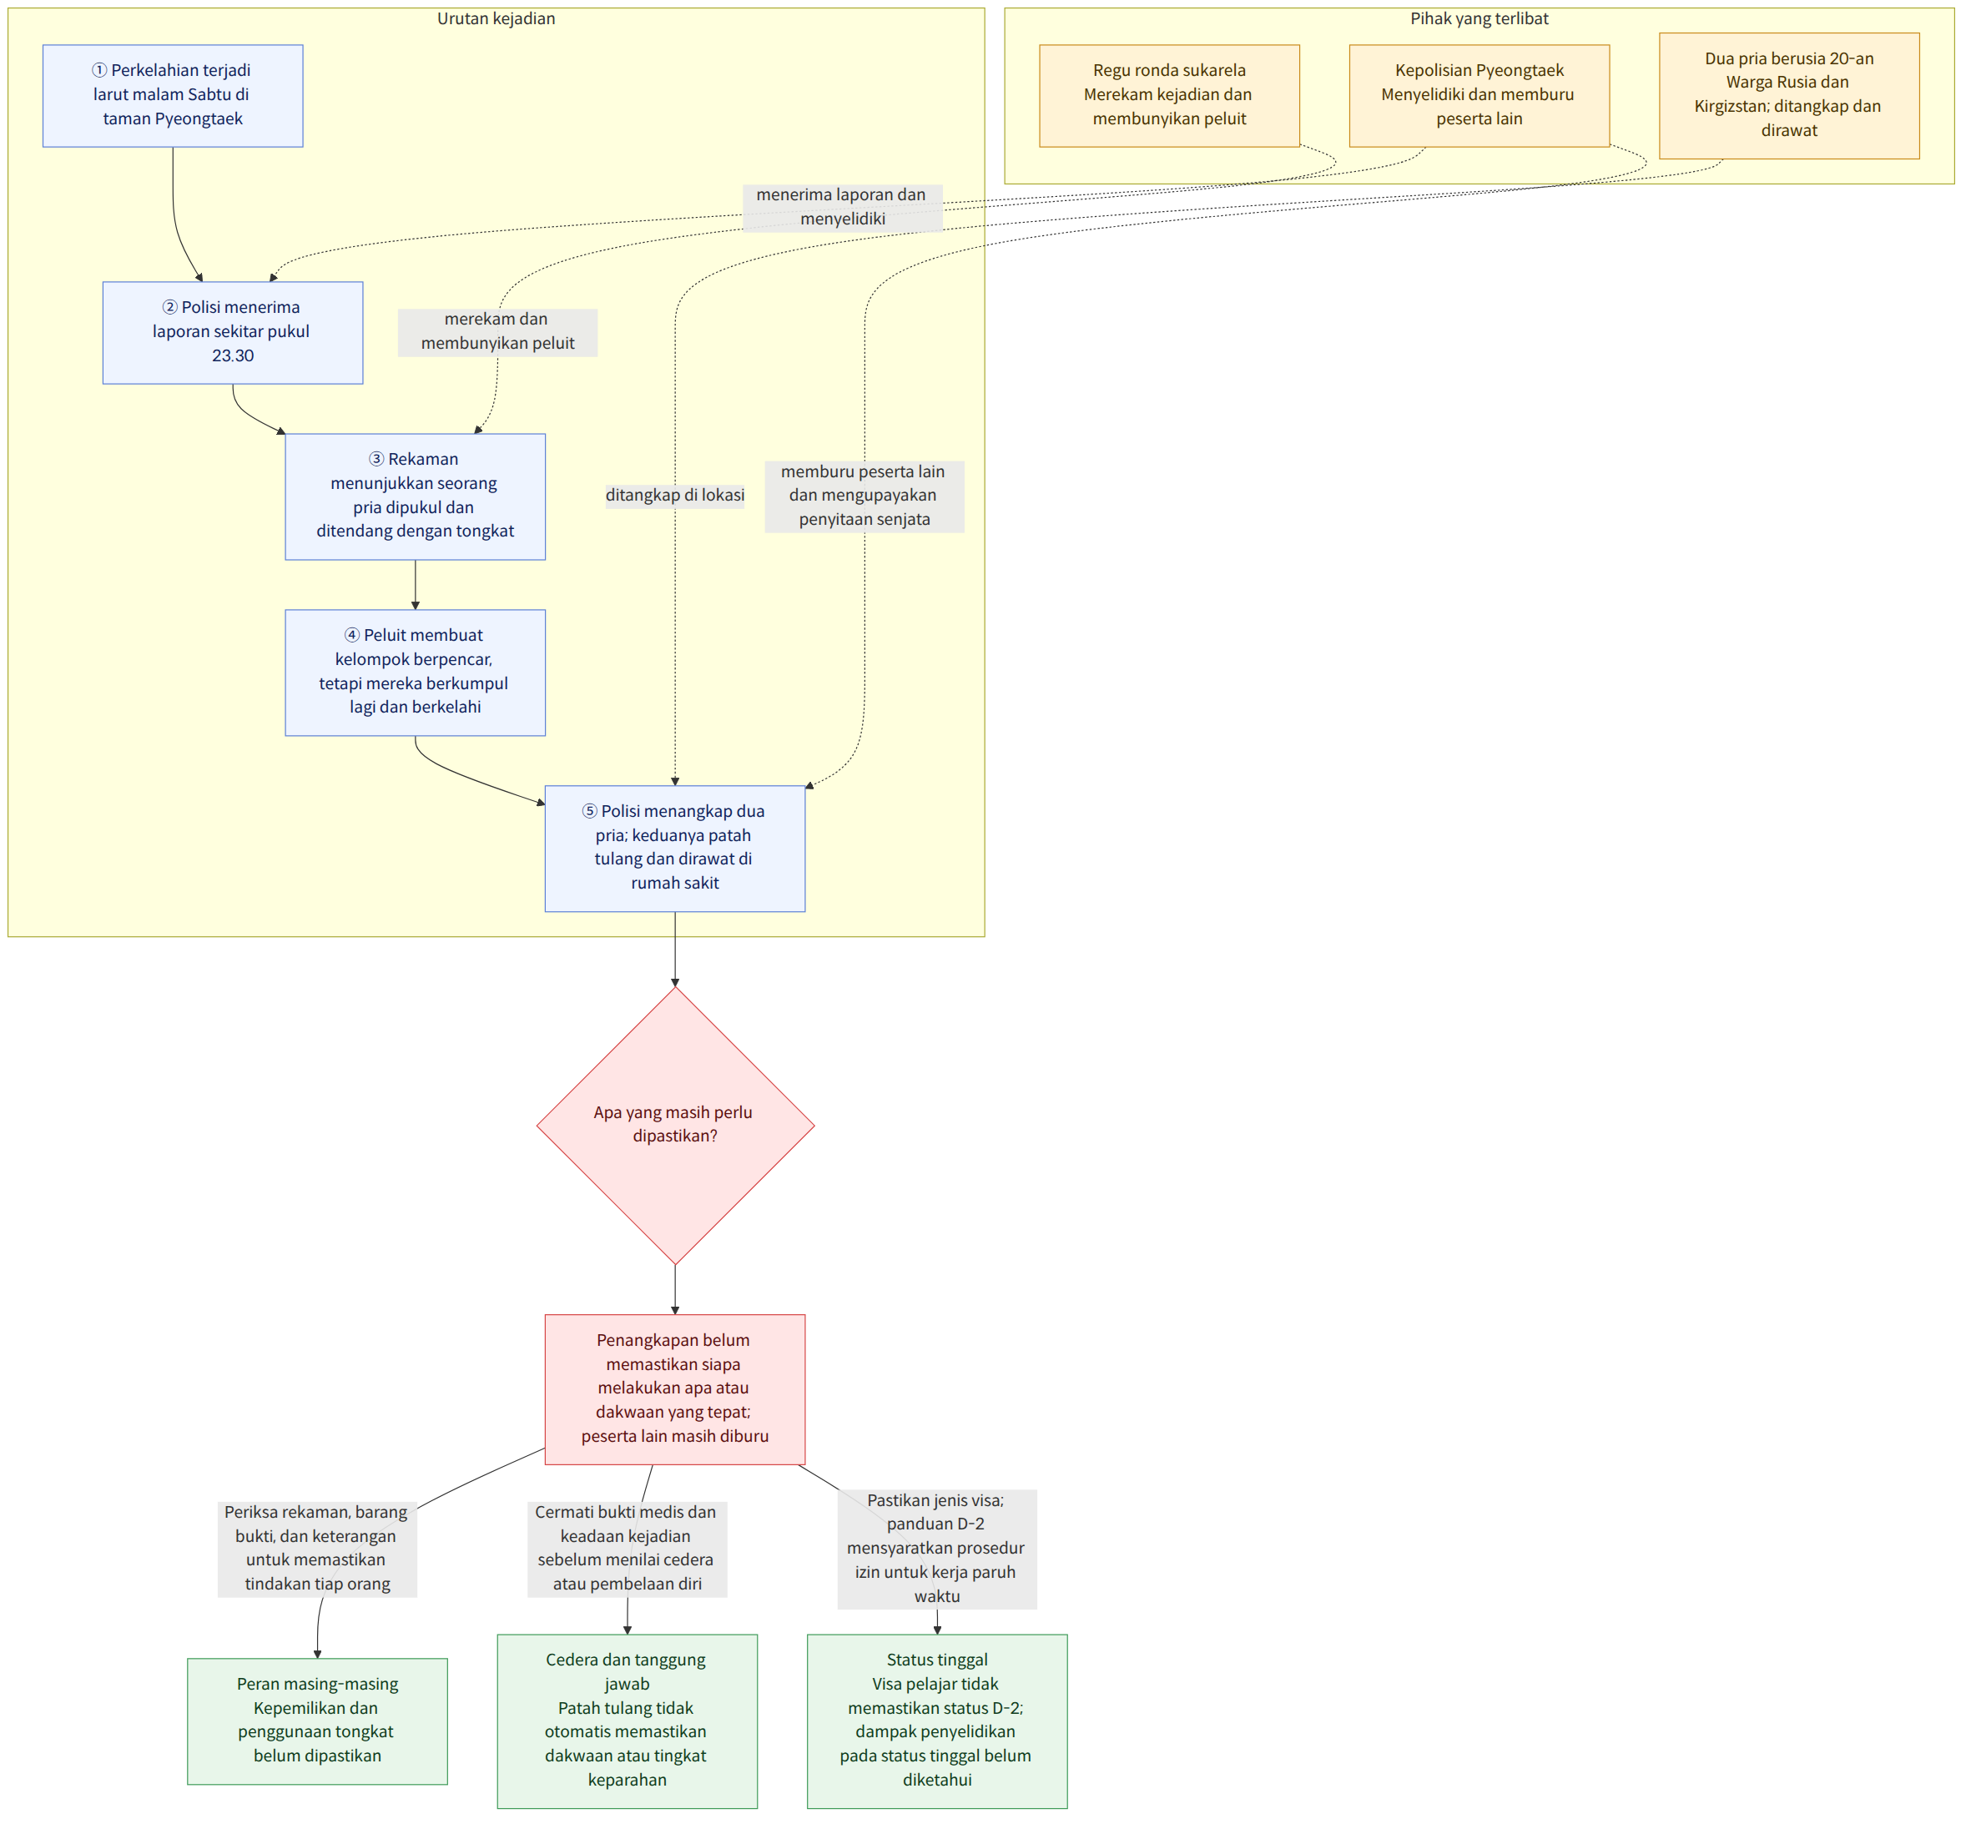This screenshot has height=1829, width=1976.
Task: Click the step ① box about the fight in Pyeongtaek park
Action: point(174,96)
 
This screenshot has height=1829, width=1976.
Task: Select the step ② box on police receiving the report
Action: point(233,333)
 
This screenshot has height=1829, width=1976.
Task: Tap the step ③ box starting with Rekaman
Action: point(415,496)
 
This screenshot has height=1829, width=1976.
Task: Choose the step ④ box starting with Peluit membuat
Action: point(415,673)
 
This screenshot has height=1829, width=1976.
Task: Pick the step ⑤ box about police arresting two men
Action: point(675,849)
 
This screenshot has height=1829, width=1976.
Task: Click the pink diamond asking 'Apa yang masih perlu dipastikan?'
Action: point(675,1126)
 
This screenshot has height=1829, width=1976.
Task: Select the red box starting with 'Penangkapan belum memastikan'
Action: point(675,1389)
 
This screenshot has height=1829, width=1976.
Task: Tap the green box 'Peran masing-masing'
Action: point(318,1721)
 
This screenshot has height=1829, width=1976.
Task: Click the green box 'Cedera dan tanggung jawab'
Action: point(628,1721)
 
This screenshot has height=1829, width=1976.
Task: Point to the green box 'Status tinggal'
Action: point(937,1721)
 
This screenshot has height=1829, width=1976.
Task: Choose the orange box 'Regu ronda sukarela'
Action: point(1169,96)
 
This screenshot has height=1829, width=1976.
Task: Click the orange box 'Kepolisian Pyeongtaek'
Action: point(1479,96)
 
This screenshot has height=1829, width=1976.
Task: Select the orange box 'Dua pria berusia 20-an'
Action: point(1789,96)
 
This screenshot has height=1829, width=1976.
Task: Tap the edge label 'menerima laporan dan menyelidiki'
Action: point(843,207)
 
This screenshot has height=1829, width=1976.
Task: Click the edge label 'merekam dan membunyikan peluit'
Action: point(497,331)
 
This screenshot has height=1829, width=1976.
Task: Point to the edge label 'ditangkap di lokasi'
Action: point(675,495)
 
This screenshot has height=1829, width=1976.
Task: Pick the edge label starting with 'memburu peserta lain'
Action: point(864,496)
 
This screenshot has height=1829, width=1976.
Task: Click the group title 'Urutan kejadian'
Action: point(496,19)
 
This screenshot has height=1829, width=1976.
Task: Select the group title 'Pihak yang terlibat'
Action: point(1479,19)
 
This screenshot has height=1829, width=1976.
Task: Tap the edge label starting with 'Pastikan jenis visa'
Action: point(936,1548)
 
